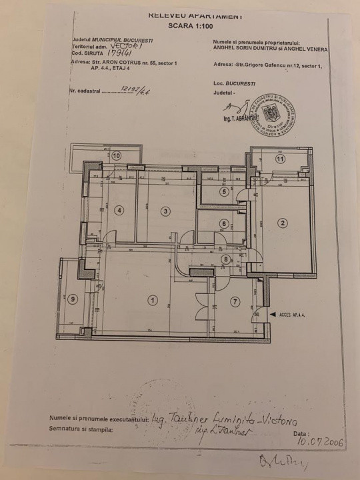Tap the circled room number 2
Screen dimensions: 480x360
tap(282, 223)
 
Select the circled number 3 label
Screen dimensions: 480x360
tap(165, 211)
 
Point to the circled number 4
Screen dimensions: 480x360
tap(119, 211)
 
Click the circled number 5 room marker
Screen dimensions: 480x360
tap(225, 192)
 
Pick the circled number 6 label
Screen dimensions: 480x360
tap(225, 224)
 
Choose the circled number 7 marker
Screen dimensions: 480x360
tap(235, 301)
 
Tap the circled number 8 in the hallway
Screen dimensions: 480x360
tap(227, 259)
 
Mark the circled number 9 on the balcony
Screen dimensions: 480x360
tap(73, 298)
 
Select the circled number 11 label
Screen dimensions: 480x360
tap(280, 159)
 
